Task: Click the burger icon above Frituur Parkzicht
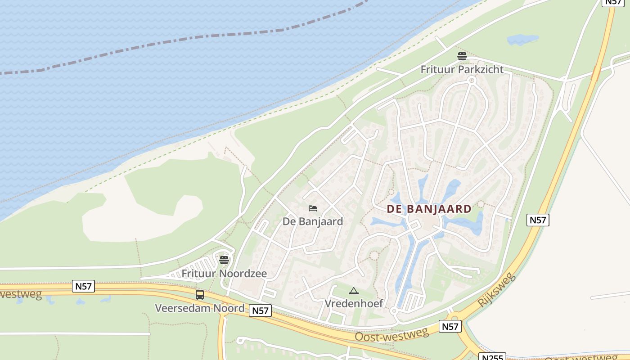point(462,56)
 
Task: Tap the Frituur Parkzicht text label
point(462,70)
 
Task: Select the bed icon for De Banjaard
point(313,208)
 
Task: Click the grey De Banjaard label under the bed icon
point(313,221)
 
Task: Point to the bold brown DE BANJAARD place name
point(429,209)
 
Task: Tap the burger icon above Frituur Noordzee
point(224,260)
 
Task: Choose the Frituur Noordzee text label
point(224,274)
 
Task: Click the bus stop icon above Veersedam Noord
point(200,295)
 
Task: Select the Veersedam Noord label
point(200,308)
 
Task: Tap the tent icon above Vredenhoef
point(354,291)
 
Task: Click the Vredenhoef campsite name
point(354,304)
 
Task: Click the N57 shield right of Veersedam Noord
point(260,310)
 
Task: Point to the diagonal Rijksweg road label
point(497,289)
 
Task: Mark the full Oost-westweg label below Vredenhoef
point(391,335)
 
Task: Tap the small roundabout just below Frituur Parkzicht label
point(472,81)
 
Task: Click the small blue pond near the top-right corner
point(522,40)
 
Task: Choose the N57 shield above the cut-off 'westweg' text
point(83,286)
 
